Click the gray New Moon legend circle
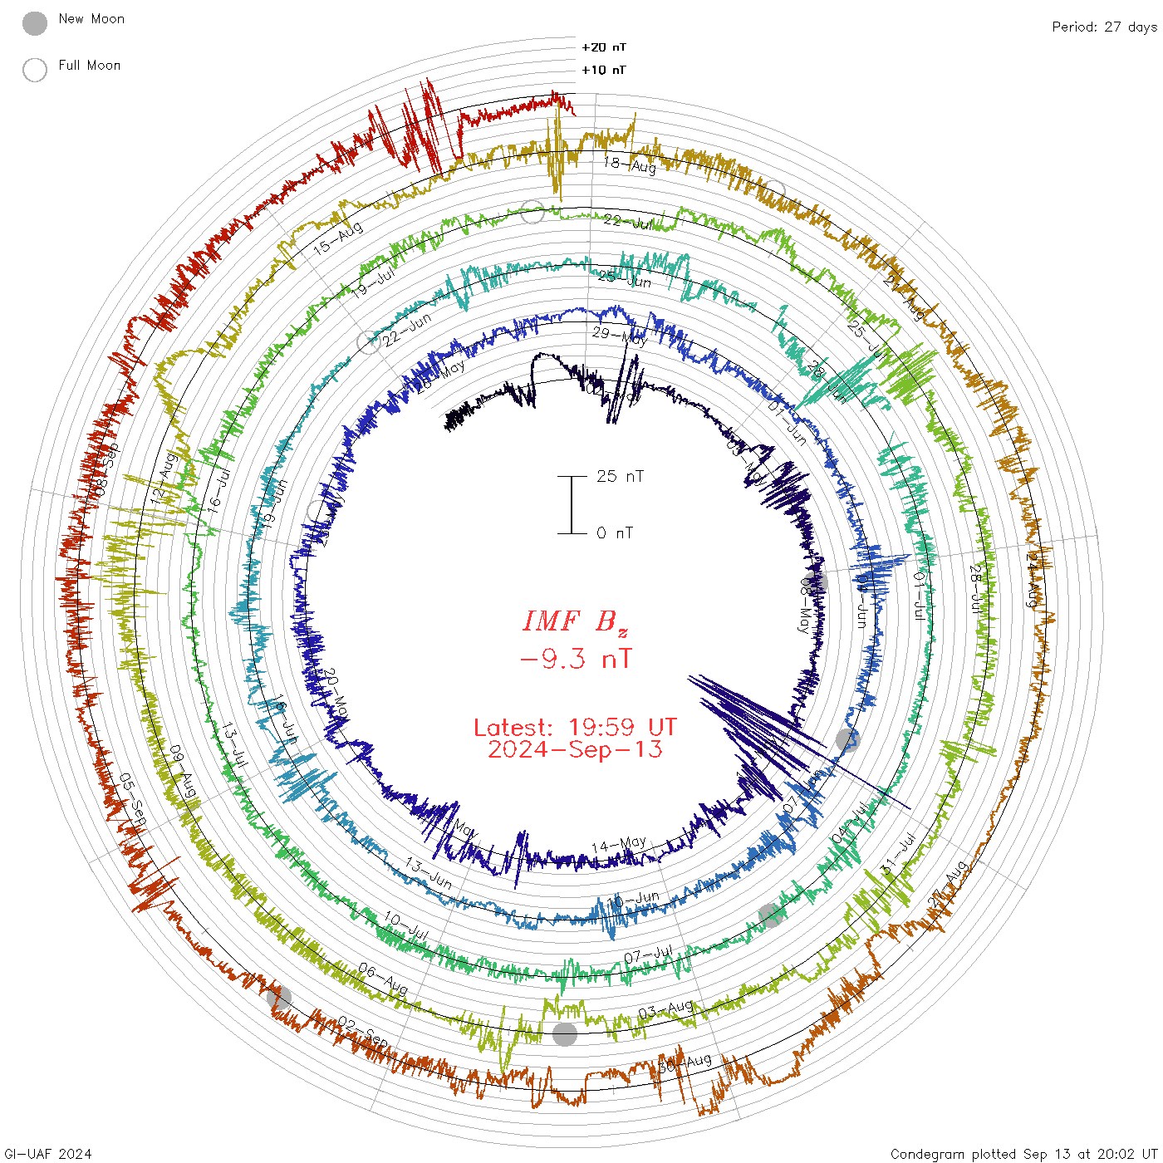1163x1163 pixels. click(35, 23)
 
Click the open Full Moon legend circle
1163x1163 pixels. click(35, 70)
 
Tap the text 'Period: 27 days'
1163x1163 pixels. click(1104, 27)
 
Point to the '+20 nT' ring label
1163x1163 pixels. click(604, 47)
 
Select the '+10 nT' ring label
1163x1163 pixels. click(604, 70)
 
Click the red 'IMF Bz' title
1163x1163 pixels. click(575, 621)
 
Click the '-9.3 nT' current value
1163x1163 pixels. click(575, 660)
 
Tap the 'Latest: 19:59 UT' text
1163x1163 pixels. click(575, 728)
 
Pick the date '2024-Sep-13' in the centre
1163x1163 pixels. click(575, 749)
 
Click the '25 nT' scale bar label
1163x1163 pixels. click(620, 476)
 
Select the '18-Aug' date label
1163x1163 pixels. click(630, 165)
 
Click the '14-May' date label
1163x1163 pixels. click(619, 845)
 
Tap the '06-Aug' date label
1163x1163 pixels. click(383, 979)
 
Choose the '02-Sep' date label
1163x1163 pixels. click(362, 1032)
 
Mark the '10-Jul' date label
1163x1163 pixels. click(406, 926)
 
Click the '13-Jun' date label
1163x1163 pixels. click(429, 872)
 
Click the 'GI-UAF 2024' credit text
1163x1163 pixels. click(48, 1154)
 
